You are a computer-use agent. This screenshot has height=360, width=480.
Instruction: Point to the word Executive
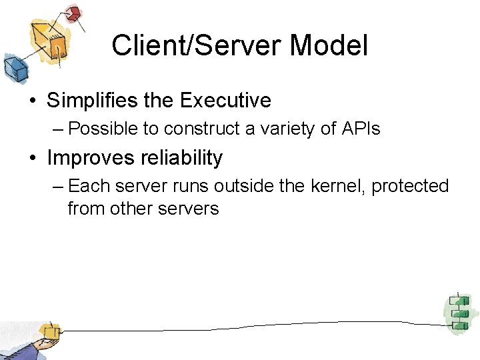226,101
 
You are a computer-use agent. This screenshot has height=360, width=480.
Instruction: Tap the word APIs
360,129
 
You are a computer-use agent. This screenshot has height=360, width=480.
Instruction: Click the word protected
410,186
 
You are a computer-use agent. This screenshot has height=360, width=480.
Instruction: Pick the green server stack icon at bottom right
458,312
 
